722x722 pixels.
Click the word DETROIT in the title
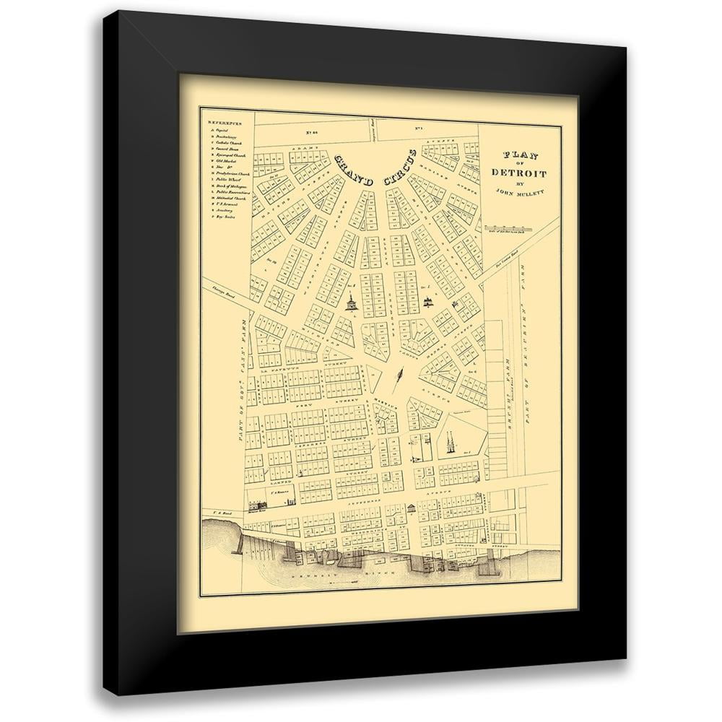click(x=518, y=173)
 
